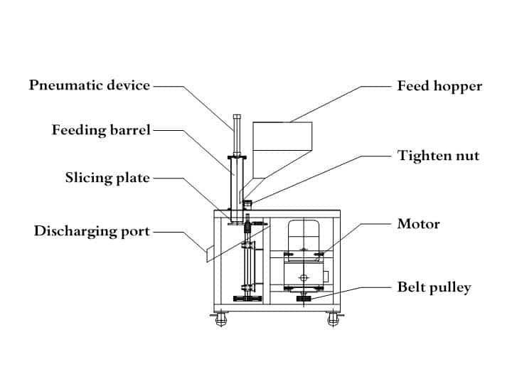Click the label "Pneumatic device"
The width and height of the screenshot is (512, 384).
tap(90, 85)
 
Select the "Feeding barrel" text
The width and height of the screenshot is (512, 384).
tap(101, 130)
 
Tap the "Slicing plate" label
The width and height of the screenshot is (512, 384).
tap(107, 177)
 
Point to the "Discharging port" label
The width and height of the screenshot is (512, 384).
tap(92, 231)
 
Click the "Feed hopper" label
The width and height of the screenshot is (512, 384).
tap(439, 86)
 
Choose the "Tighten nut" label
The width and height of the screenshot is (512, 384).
tap(438, 156)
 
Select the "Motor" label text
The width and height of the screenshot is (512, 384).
tap(418, 224)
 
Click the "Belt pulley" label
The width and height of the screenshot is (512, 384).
tap(434, 287)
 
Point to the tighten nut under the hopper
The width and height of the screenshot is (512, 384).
tap(247, 204)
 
